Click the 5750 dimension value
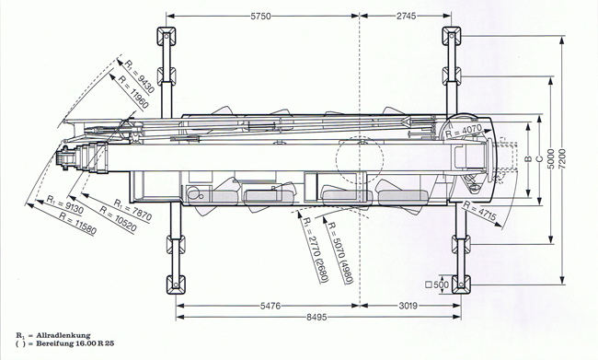pyautogui.click(x=261, y=16)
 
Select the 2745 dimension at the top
pyautogui.click(x=406, y=16)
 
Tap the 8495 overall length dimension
pyautogui.click(x=316, y=317)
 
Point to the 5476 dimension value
pyautogui.click(x=270, y=306)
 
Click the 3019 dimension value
pyautogui.click(x=408, y=306)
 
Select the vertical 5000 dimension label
pyautogui.click(x=551, y=160)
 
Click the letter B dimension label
pyautogui.click(x=529, y=158)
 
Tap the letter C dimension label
pyautogui.click(x=539, y=158)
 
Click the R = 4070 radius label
pyautogui.click(x=464, y=132)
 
